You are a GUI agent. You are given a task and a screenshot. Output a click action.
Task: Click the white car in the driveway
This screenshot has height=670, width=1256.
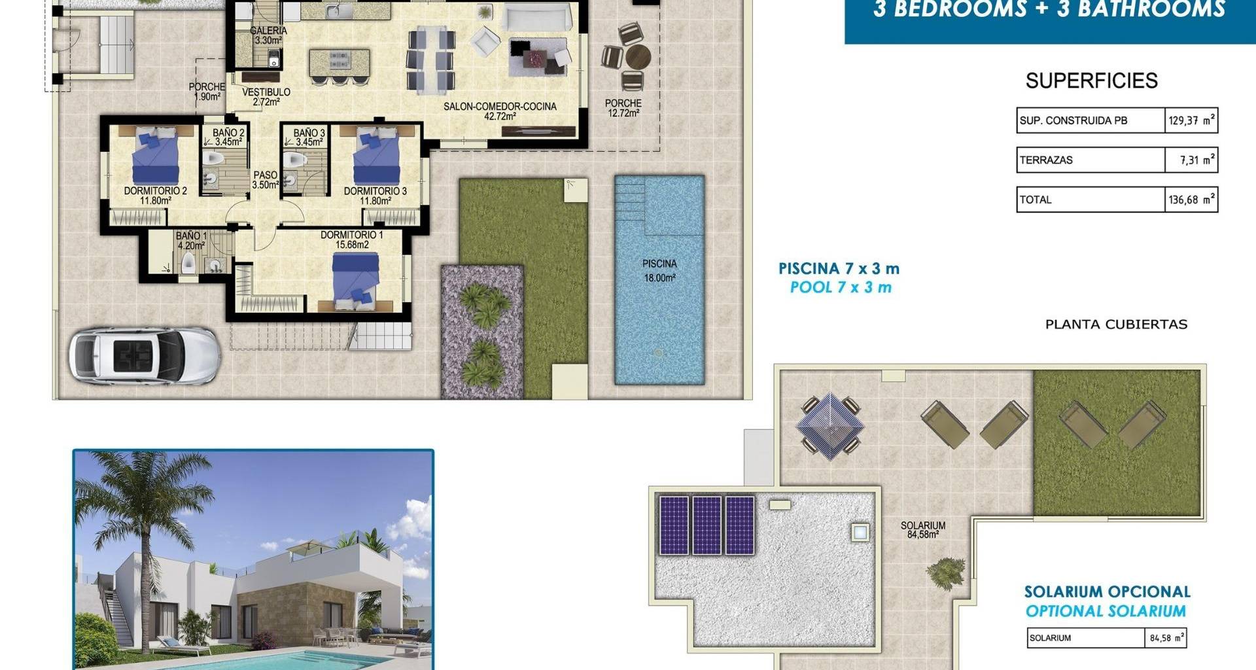click(145, 356)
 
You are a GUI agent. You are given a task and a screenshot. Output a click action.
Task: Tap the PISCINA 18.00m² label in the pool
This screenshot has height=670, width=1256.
click(659, 270)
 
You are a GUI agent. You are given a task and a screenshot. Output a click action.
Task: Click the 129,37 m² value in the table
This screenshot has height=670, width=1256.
click(1191, 120)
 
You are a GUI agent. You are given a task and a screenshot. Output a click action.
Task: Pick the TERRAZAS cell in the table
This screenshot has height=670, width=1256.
click(1090, 160)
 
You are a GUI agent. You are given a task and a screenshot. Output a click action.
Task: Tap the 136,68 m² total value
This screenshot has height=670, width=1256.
click(1191, 200)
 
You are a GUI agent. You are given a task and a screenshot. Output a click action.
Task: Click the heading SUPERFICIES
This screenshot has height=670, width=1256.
click(1092, 80)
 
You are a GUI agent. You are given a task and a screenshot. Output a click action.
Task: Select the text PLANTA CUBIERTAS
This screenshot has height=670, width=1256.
click(1116, 325)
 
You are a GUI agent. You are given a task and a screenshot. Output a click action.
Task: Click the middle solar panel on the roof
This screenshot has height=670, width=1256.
click(706, 525)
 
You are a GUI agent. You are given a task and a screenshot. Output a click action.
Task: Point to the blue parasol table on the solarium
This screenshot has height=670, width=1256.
click(829, 425)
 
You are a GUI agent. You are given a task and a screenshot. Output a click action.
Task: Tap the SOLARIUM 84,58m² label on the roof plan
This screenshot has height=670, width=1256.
click(922, 530)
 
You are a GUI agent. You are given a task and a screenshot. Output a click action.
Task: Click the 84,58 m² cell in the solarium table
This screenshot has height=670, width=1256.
click(1166, 638)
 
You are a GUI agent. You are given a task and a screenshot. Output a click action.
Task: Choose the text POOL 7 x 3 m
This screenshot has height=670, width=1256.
click(841, 287)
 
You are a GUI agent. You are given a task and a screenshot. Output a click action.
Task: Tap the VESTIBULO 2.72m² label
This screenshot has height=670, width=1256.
click(266, 97)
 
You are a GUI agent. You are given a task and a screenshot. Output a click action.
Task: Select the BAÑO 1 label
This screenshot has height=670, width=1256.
click(191, 236)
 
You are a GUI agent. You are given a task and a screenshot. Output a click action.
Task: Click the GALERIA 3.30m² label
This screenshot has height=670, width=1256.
click(268, 35)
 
